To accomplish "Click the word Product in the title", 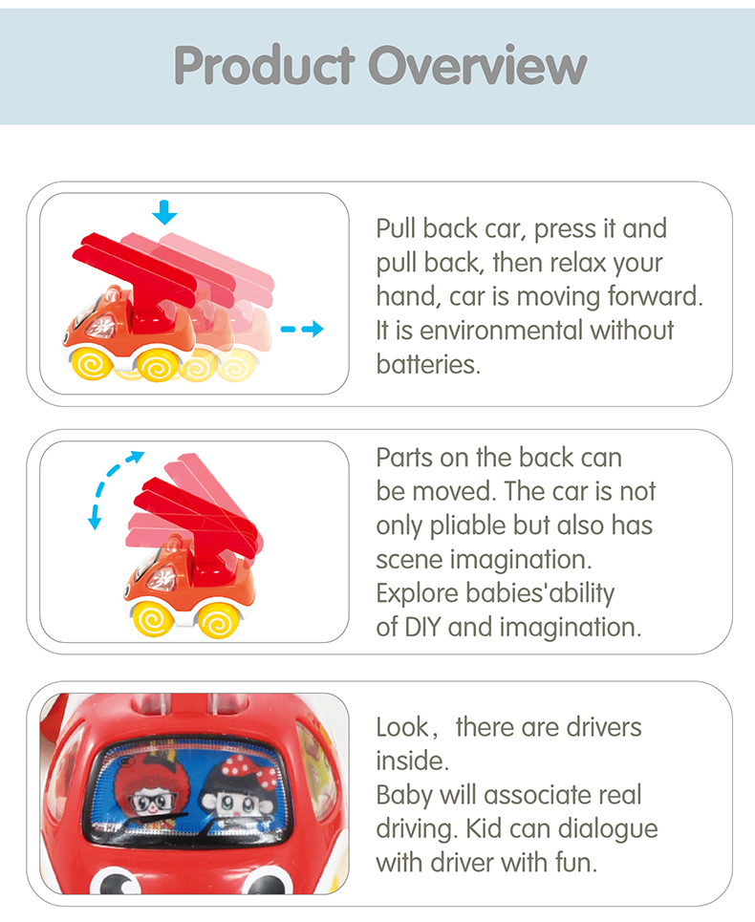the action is pos(264,65).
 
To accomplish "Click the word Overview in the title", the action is pos(478,65).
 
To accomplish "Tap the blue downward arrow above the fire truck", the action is pos(164,212).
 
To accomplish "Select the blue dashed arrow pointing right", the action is pos(302,329).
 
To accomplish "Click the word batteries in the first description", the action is pos(427,365).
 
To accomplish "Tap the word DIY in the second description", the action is pos(422,627).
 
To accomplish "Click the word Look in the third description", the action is pos(403,727).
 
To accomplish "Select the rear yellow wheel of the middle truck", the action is pos(219,620).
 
